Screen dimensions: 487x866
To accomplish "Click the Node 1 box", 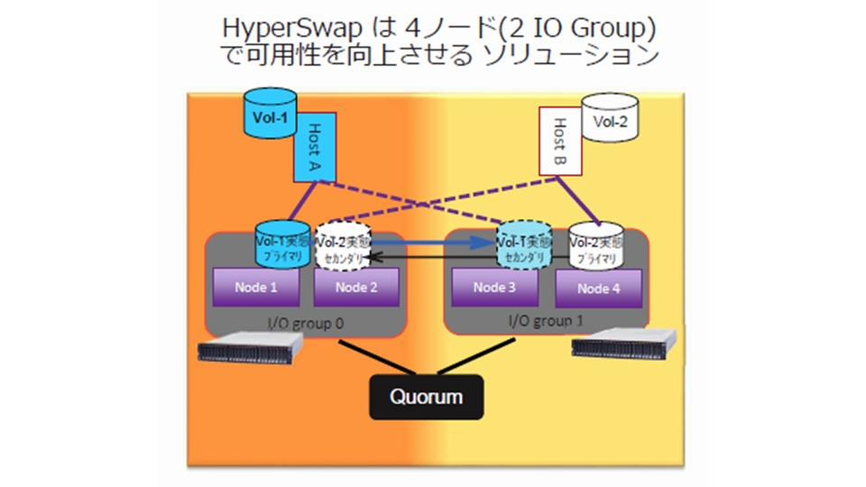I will [x=255, y=289].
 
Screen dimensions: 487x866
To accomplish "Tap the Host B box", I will [x=559, y=142].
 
